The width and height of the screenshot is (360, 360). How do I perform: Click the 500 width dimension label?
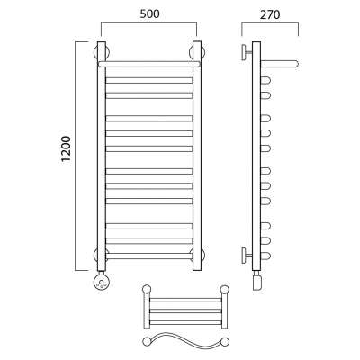(x=149, y=14)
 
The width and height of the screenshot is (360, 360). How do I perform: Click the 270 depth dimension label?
(x=270, y=14)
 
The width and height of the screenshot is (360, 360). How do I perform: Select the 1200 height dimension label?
(x=66, y=149)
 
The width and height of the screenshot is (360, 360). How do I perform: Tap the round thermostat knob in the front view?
(x=101, y=282)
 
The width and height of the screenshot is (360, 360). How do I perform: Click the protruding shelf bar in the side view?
(x=279, y=64)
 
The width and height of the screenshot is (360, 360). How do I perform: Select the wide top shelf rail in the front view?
(x=149, y=64)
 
